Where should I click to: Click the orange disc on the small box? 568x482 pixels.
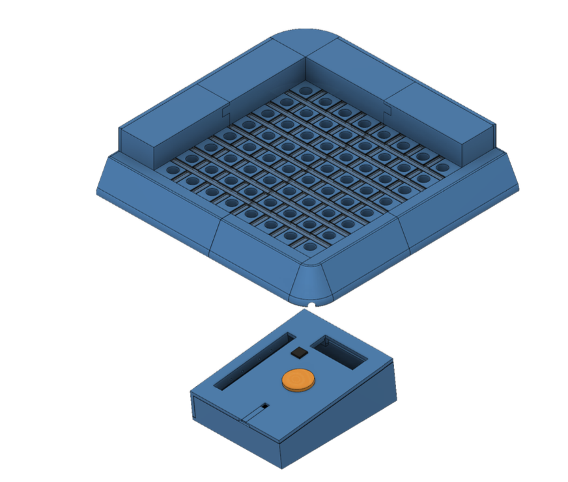tap(298, 380)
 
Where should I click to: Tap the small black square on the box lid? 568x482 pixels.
tap(299, 353)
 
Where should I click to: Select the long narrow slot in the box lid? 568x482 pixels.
tap(254, 362)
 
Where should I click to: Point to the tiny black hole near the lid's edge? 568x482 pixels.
tap(265, 405)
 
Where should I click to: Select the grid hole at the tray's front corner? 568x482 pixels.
tap(309, 247)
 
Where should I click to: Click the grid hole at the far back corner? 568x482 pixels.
tap(305, 87)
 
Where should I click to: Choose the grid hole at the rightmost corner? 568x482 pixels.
tap(442, 167)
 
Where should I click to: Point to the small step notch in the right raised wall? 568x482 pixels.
tap(390, 108)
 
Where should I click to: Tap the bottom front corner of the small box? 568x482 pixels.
tap(281, 467)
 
